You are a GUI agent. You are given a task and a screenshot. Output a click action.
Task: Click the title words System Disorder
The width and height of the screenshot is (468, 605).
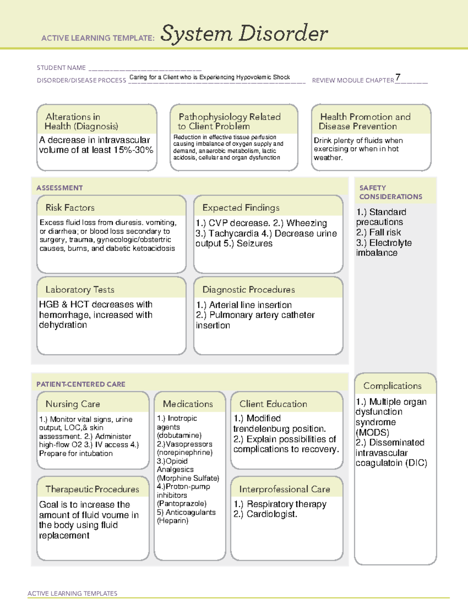point(244,34)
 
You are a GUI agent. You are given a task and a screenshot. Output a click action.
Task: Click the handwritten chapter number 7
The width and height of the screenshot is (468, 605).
point(397,77)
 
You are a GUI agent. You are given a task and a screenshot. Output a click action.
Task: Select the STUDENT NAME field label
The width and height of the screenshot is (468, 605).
point(61,68)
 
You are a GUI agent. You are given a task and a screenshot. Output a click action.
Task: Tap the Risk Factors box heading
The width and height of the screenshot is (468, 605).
point(70,208)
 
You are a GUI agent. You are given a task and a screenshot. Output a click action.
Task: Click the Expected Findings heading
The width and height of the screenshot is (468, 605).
point(241,208)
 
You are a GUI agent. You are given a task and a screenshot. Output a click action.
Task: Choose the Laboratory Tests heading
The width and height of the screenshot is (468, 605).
point(80,289)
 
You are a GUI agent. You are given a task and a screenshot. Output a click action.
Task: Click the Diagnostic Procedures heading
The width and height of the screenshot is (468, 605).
point(248,289)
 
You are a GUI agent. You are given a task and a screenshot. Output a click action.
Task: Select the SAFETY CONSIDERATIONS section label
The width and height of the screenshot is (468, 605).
point(390,192)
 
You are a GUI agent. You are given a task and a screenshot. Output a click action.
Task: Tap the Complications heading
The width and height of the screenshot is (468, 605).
point(392,386)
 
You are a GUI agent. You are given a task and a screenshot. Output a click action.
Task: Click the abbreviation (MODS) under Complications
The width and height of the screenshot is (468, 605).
point(372,432)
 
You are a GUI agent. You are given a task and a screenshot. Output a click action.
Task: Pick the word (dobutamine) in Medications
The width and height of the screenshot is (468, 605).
point(179,436)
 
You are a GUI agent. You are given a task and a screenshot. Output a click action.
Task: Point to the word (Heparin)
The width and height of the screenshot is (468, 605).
point(172,521)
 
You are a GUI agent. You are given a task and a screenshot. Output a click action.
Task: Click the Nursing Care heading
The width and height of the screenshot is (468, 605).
point(73,404)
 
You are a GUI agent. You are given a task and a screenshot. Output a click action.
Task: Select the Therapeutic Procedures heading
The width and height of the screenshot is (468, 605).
point(92,489)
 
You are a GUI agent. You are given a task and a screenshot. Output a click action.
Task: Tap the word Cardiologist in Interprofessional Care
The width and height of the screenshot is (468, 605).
point(271,514)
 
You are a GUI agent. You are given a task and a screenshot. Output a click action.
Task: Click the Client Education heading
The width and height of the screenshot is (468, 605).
point(273,404)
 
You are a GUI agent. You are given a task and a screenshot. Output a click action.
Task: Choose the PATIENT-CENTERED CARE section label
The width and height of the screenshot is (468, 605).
point(81,384)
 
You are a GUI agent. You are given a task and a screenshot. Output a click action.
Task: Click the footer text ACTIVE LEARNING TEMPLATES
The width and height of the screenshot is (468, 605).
point(72,593)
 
